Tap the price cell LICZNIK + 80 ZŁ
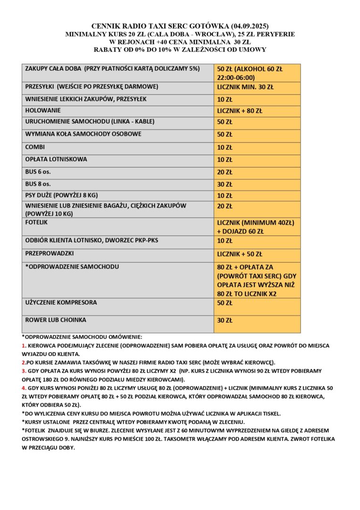coord(240,111)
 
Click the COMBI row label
coord(35,147)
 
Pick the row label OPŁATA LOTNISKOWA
coord(56,159)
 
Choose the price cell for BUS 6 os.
coord(225,172)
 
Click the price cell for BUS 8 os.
coord(225,185)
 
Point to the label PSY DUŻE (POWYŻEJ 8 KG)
coord(61,195)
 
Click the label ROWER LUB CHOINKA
coord(56,320)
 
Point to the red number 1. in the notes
coord(24,346)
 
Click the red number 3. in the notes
coord(24,371)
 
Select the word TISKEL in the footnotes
coord(269,414)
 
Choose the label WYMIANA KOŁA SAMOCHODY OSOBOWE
coord(76,134)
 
